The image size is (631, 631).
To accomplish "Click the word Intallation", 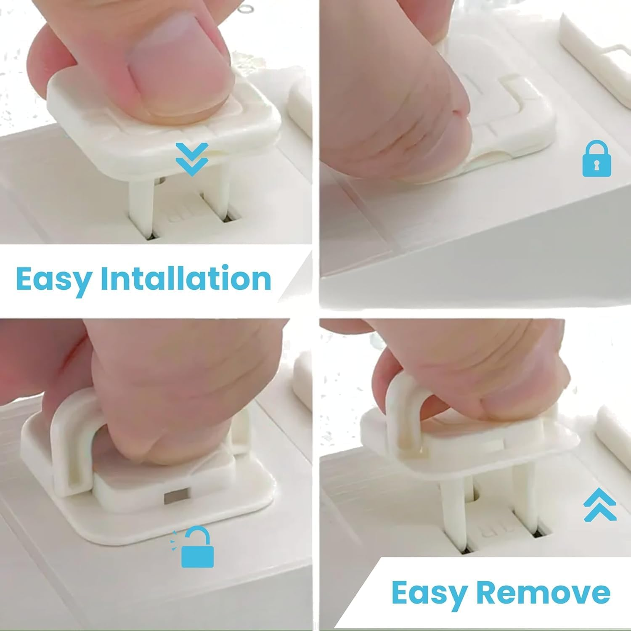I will tap(186, 278).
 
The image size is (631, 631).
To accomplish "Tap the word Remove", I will tap(544, 592).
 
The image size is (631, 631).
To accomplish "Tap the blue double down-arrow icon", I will tap(192, 159).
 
